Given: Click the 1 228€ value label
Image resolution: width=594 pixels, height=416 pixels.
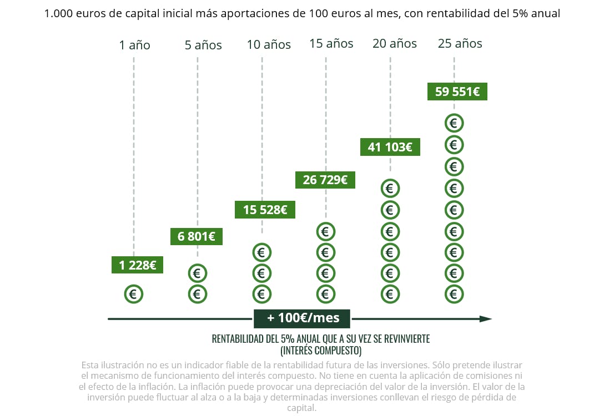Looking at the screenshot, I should coord(138,265).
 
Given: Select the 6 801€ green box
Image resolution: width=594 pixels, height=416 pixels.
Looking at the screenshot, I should coord(197,237).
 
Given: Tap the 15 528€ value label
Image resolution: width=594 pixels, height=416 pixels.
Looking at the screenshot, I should coord(265,210).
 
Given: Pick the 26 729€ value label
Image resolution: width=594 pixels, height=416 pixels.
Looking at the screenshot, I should coord(325,180).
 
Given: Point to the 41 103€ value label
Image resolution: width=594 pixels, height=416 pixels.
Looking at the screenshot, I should coord(390,147).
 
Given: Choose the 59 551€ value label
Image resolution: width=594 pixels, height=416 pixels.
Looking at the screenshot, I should coord(457,92).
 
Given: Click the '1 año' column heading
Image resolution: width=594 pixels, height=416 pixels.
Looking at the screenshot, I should coord(134,45).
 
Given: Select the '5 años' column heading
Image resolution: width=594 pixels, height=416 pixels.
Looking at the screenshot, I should coord(203,45).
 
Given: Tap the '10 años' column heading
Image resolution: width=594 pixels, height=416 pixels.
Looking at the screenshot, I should coord(269,45).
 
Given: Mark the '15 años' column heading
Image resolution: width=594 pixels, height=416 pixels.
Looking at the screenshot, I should coord(331,44).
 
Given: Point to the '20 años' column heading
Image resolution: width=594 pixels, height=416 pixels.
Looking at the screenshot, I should coord(395,44).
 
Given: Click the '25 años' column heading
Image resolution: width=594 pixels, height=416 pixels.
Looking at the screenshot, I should coord(460,43).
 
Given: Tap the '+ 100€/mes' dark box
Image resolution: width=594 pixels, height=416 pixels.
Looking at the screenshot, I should coord(303,318).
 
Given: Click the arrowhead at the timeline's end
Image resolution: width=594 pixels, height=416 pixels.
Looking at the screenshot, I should coord(486,319).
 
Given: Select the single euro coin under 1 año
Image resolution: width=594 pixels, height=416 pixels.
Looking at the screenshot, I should coord(134,294).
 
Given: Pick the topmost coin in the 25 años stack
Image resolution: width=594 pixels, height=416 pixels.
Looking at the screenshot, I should coord(454,123).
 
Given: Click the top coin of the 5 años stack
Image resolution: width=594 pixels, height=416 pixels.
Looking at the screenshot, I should coord(197,273).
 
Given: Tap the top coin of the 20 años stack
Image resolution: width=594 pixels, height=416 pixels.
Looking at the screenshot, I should coord(390,189).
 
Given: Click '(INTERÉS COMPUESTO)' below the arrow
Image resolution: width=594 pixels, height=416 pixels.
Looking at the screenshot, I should coord(321,351).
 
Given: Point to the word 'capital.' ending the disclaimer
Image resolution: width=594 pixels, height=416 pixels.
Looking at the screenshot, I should coord(302,408).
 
